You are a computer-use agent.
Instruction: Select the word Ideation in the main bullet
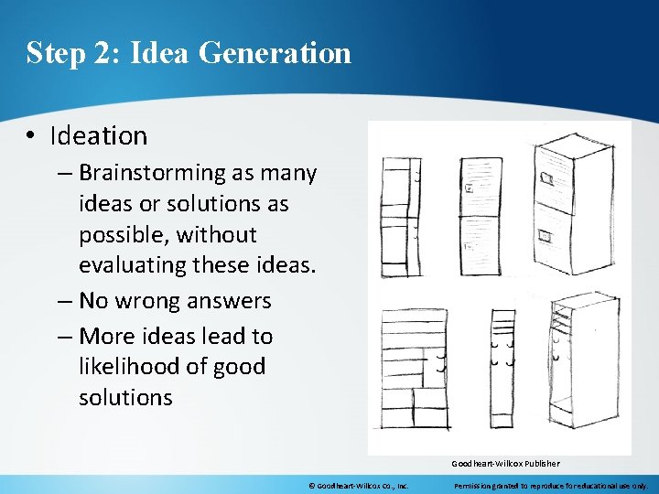coord(99,135)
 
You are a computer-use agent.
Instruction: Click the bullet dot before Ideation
coord(31,136)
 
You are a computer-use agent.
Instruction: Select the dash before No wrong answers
coord(66,300)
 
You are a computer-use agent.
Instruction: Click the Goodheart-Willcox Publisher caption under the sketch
coord(504,463)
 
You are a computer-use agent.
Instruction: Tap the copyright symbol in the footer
coord(311,486)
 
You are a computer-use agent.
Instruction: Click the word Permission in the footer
coord(475,486)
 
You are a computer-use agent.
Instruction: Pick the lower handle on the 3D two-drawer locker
coord(546,236)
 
